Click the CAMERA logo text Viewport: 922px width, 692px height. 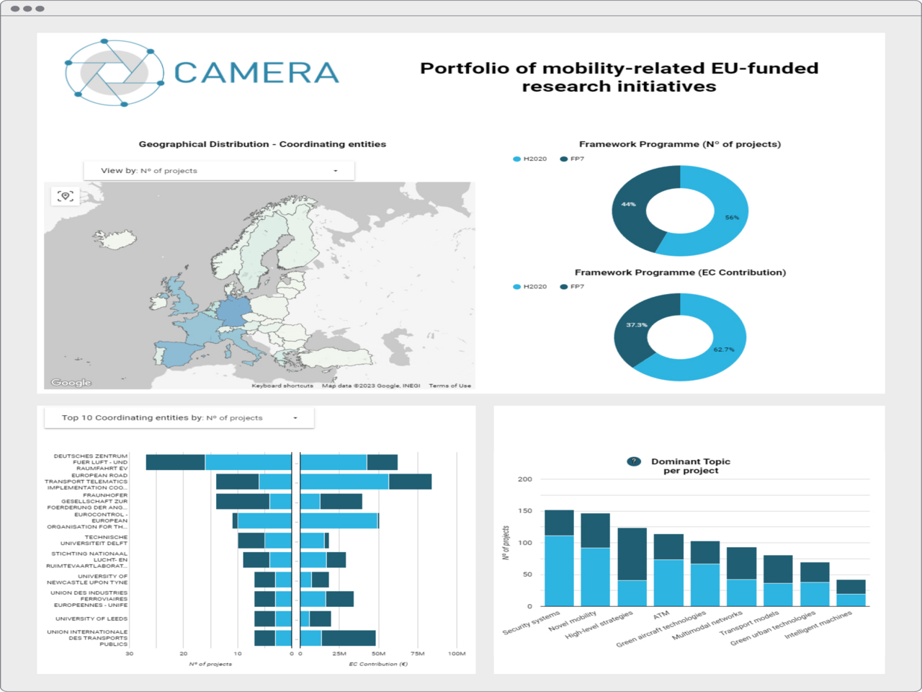coord(256,73)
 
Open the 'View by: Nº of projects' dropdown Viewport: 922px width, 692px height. coord(219,171)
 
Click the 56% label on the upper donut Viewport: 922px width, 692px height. coord(732,217)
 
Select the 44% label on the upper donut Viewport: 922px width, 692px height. coord(628,204)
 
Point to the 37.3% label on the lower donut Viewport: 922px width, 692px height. coord(636,325)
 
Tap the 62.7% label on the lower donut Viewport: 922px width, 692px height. coord(724,350)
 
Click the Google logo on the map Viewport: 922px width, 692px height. coord(71,383)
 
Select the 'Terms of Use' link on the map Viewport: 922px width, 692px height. coord(449,386)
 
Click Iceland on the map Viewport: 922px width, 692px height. coord(115,238)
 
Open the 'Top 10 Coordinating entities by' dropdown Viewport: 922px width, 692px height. coord(179,418)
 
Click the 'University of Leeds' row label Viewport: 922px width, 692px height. coord(91,618)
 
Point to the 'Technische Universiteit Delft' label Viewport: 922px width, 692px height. coord(94,540)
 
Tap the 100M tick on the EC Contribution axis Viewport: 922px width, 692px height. coord(457,654)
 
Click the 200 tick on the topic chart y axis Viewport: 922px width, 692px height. coord(525,479)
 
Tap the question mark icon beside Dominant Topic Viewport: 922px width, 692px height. coord(634,461)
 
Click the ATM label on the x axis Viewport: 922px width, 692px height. coord(661,616)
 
